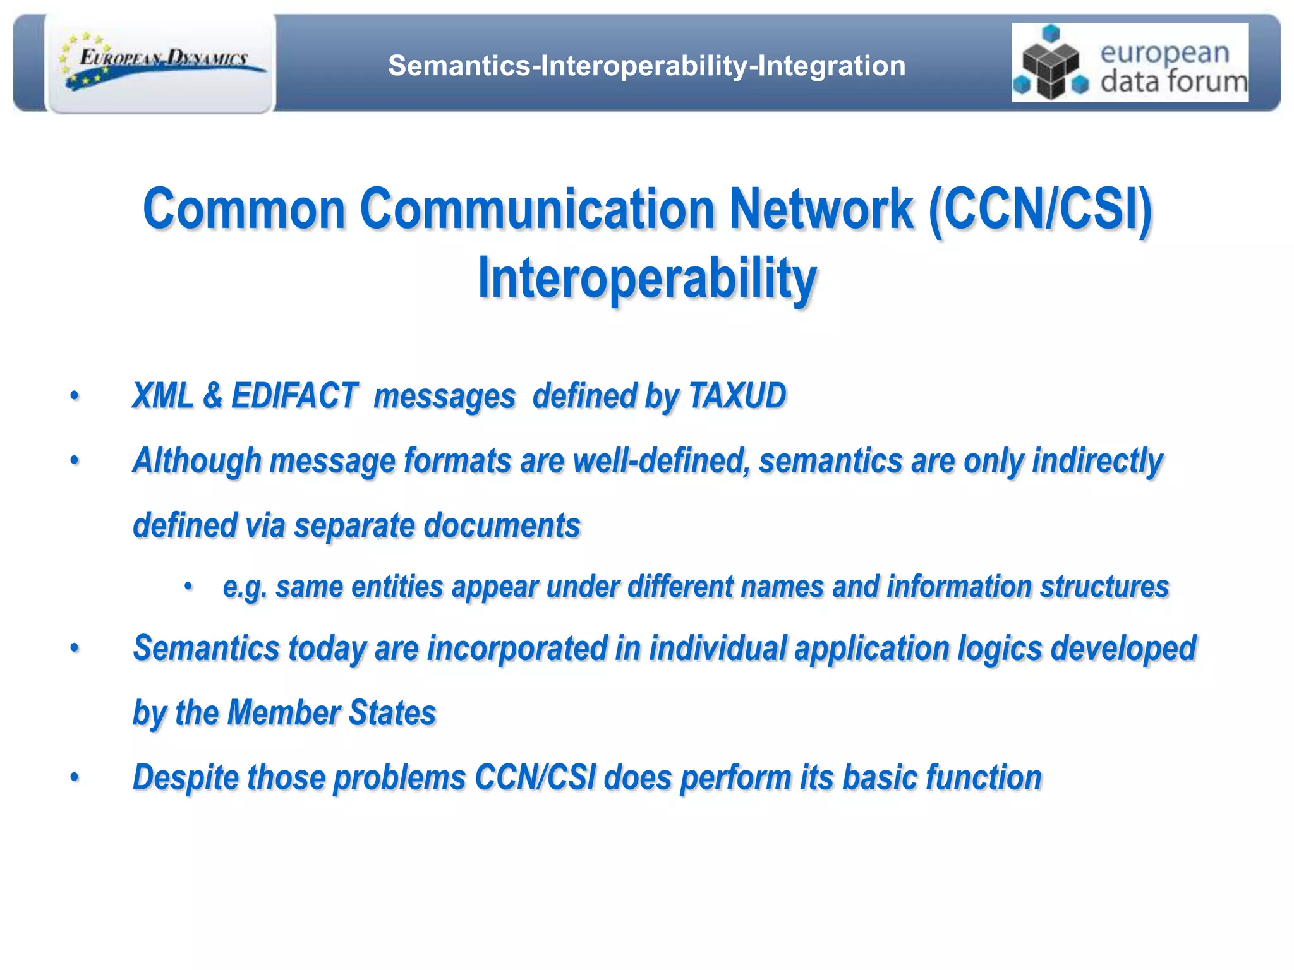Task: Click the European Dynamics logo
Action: coord(162,63)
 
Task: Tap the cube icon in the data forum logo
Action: coord(1051,64)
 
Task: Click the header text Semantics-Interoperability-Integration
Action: coord(646,66)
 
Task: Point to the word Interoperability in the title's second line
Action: coord(647,278)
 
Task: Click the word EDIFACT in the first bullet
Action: coord(294,396)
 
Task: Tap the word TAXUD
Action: coord(737,396)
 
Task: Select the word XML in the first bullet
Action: coord(162,396)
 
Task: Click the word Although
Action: coord(197,460)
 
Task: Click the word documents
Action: coord(502,525)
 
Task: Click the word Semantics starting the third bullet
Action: coord(206,648)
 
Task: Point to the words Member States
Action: coord(331,713)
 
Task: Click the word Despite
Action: coord(186,777)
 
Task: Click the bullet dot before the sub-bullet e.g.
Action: coord(188,587)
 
